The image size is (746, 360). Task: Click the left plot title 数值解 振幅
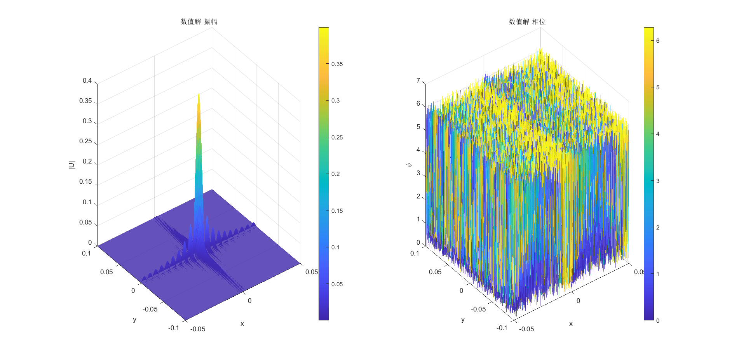click(199, 22)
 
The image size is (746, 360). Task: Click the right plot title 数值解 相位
click(527, 22)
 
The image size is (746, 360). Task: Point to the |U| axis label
click(71, 165)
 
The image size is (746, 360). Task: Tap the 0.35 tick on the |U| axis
click(85, 101)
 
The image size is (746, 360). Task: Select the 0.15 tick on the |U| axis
click(85, 182)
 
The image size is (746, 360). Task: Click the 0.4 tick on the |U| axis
click(87, 81)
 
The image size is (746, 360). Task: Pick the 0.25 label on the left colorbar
click(337, 137)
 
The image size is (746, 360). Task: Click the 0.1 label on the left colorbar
click(335, 247)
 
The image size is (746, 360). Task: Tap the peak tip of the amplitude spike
click(199, 94)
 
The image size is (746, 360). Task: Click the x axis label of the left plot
click(242, 324)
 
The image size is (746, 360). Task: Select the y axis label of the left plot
click(134, 320)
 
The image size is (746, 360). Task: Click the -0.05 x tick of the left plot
click(198, 329)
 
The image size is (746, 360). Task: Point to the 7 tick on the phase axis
click(418, 81)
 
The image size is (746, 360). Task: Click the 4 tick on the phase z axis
click(418, 150)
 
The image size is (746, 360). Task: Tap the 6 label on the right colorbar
click(657, 41)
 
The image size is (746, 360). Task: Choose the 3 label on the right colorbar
click(657, 181)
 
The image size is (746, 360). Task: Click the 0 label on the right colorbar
click(657, 321)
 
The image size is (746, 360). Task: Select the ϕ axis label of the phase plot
click(409, 165)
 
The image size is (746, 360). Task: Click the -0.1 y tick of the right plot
click(502, 328)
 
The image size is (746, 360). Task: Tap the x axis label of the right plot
click(571, 324)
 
